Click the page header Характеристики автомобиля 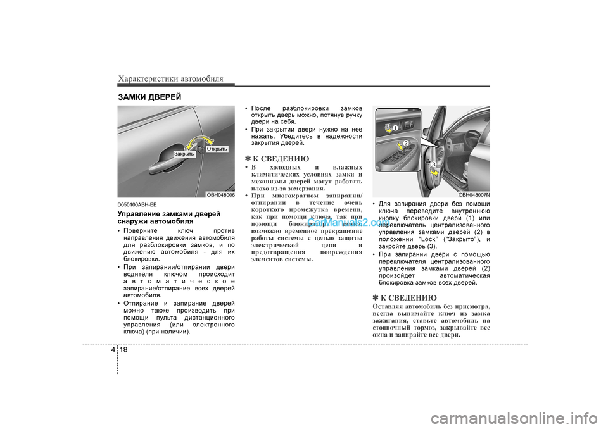tap(170, 78)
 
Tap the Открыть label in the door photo tap(216, 149)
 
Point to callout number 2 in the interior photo tap(406, 144)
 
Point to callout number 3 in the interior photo tap(434, 165)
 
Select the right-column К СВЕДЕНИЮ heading tap(405, 297)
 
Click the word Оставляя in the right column tap(389, 307)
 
